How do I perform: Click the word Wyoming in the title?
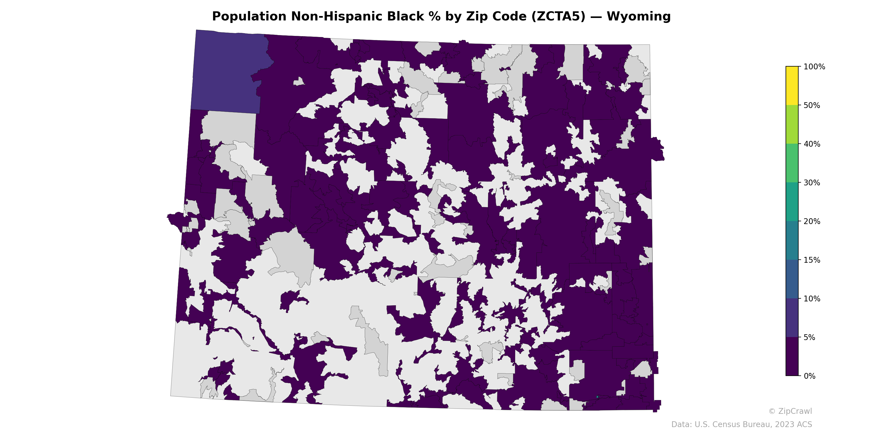point(638,17)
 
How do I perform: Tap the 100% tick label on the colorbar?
point(814,67)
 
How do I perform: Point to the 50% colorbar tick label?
point(812,105)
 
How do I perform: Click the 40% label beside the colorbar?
point(812,144)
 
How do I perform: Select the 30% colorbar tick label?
point(812,183)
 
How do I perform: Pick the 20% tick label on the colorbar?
point(812,221)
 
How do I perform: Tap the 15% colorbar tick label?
point(812,260)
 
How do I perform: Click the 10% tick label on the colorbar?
point(812,299)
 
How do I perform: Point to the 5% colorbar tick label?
point(810,337)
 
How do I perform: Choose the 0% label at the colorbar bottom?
point(810,376)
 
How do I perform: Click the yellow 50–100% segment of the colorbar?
point(792,86)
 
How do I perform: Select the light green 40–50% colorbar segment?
point(792,124)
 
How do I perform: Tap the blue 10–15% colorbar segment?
point(792,279)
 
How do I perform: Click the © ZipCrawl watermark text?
point(790,411)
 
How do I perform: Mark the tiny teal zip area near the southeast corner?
point(597,397)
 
